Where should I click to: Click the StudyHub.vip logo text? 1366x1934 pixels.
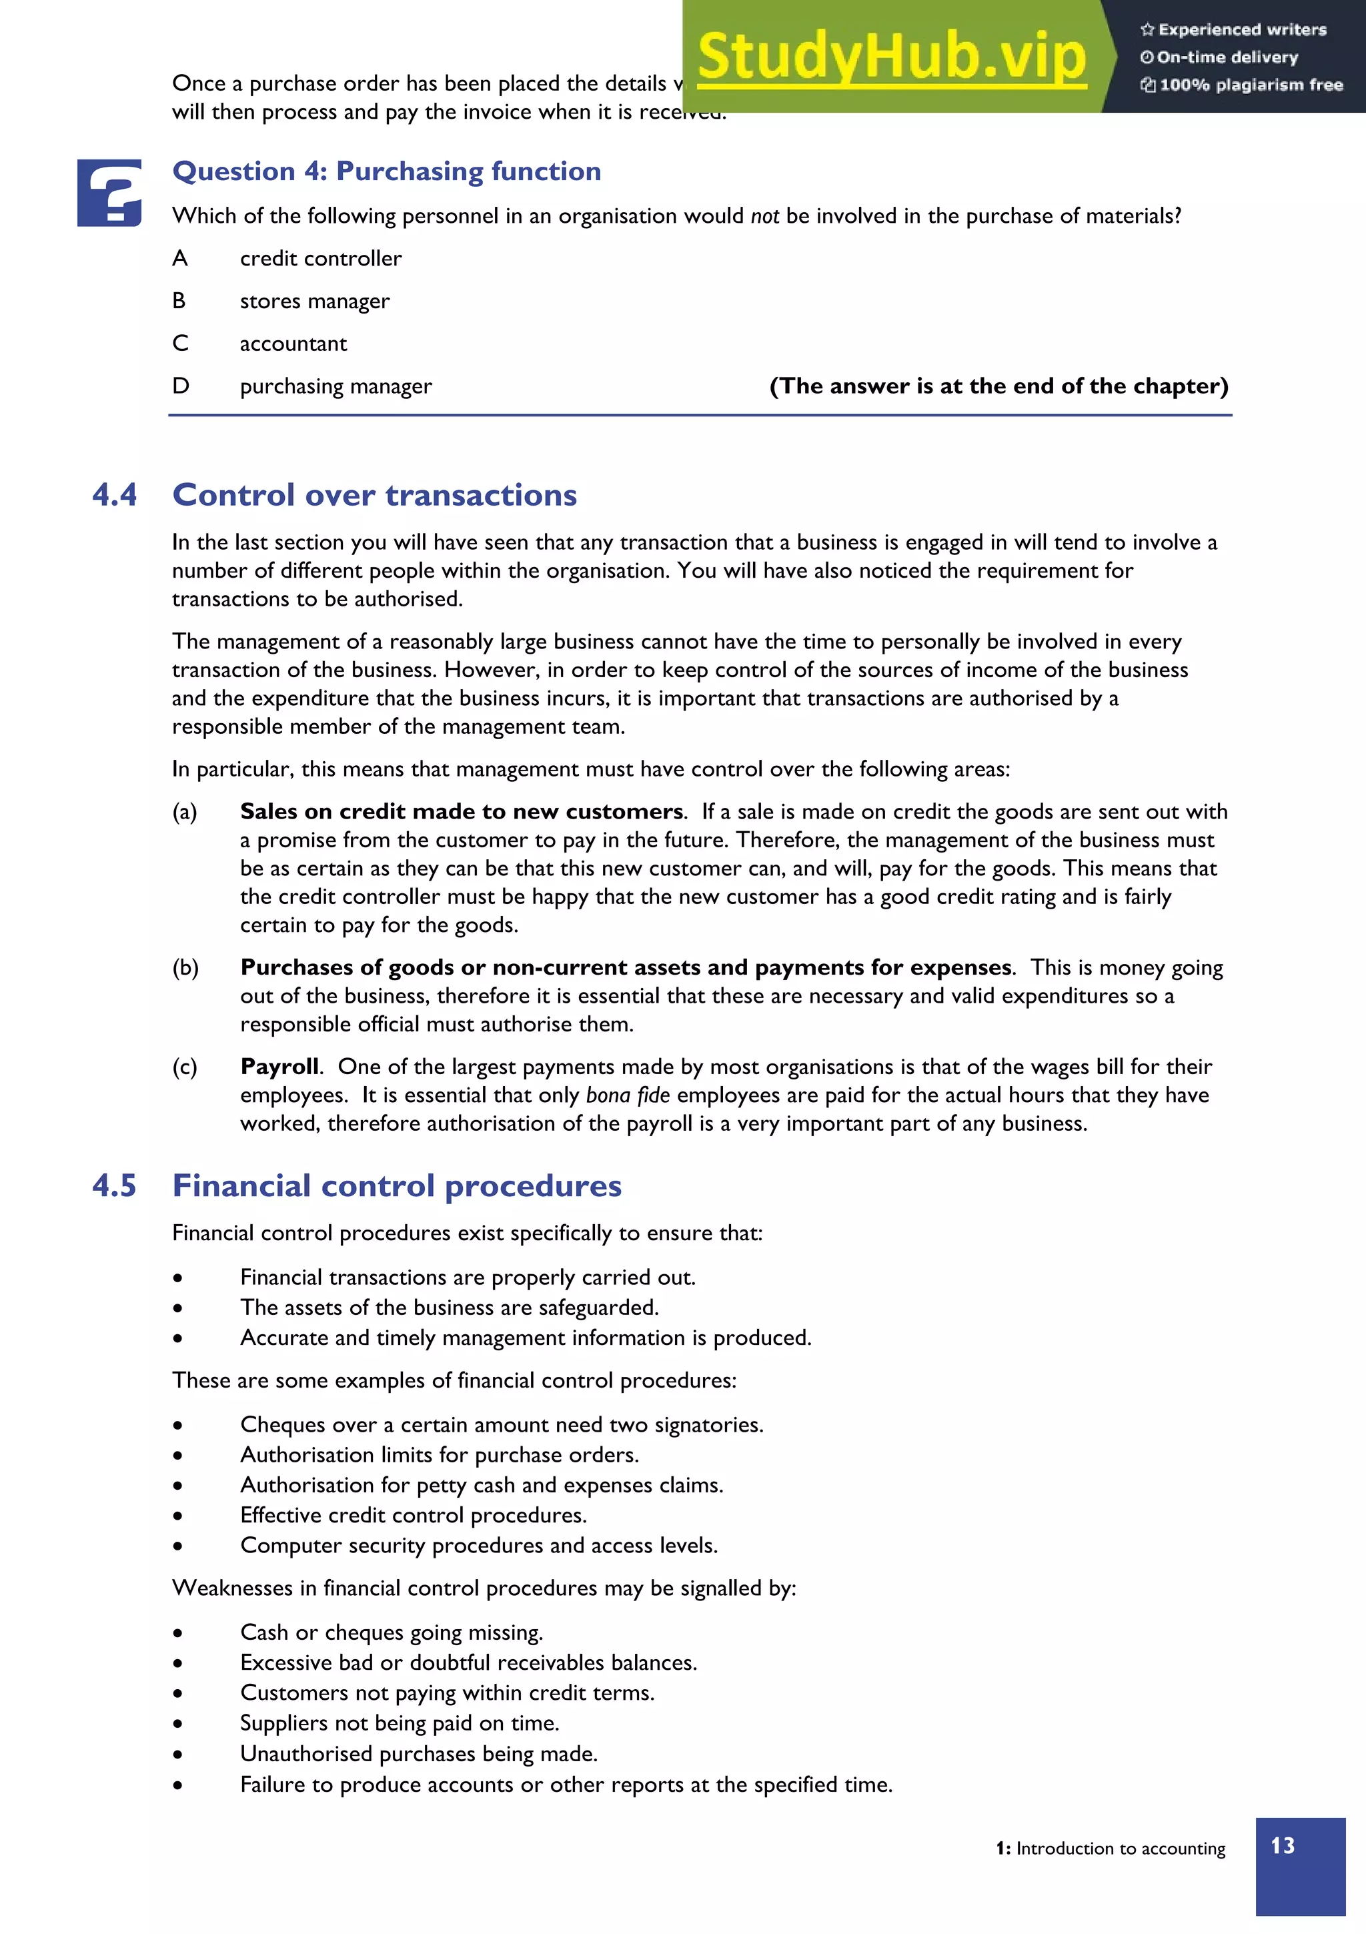(891, 57)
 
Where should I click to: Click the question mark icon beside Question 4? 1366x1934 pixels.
(109, 193)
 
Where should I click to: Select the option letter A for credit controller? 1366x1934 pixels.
(179, 259)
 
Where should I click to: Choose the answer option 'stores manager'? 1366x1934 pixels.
(314, 302)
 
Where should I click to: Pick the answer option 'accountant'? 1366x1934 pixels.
(293, 344)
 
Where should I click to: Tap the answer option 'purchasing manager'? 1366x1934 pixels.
(335, 387)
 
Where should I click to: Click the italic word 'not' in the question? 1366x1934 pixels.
(764, 216)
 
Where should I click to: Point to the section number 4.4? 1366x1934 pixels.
(115, 495)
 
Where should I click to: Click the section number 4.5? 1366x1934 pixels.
(115, 1186)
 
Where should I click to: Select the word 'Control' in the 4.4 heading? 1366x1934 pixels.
(233, 495)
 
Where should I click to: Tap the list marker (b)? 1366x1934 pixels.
(185, 968)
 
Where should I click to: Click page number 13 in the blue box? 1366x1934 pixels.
(1282, 1845)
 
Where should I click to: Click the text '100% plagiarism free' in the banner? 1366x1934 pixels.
(1250, 85)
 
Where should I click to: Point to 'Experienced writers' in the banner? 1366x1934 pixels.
(1241, 30)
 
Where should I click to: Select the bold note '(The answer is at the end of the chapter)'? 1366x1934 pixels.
(998, 387)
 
